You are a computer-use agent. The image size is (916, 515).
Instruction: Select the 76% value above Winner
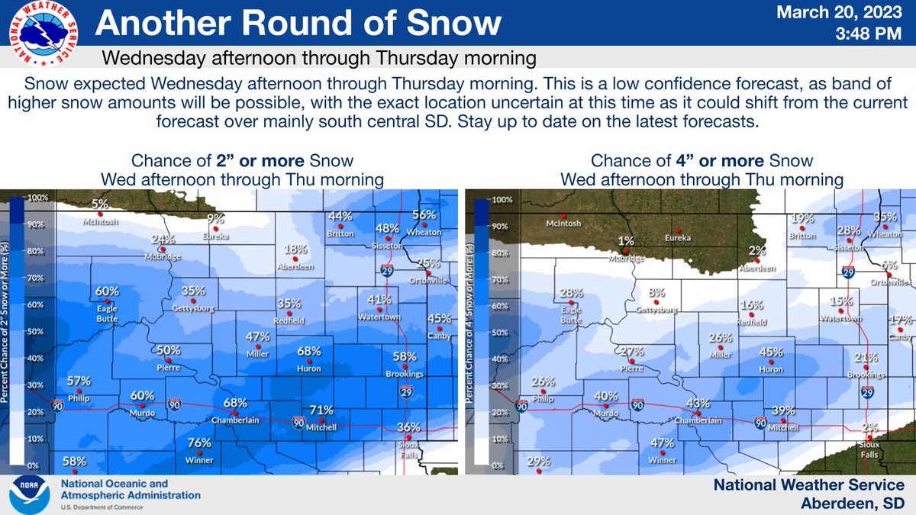click(x=199, y=443)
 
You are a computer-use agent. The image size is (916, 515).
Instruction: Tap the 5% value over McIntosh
click(x=100, y=204)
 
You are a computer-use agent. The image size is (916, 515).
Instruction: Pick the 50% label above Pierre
click(x=169, y=350)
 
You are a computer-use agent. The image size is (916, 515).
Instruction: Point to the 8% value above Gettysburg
click(x=656, y=293)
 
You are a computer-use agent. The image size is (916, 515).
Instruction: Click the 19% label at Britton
click(x=802, y=218)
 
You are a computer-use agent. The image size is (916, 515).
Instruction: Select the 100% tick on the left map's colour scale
click(x=38, y=198)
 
